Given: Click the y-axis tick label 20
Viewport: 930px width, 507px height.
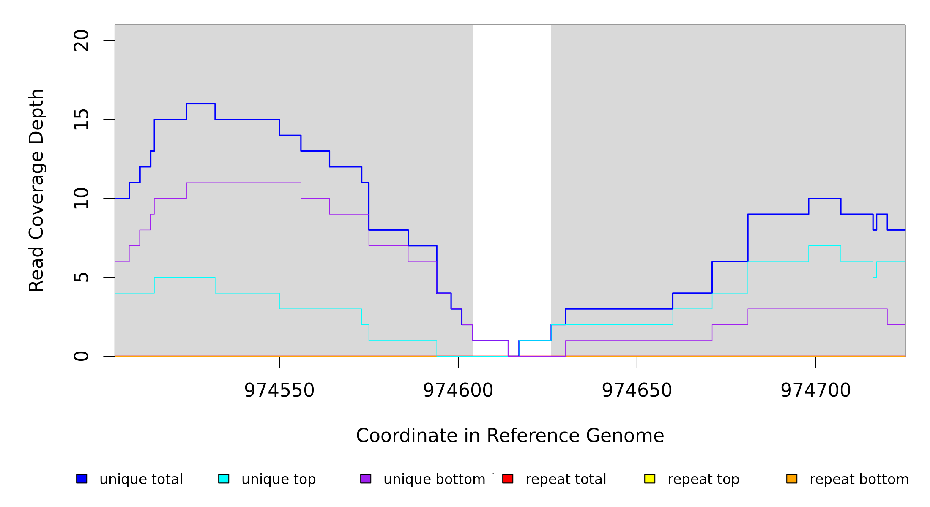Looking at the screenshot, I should click(82, 41).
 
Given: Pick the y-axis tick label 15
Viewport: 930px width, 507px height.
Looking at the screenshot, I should click(82, 120).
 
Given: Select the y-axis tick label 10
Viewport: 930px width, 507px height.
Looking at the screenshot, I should click(82, 199).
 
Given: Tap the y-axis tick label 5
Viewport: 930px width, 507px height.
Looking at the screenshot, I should click(82, 277).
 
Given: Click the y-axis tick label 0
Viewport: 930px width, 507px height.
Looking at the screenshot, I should click(82, 356).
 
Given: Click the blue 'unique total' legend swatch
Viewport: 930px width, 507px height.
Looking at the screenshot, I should click(82, 479).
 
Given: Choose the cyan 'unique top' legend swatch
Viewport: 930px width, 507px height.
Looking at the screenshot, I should click(224, 479).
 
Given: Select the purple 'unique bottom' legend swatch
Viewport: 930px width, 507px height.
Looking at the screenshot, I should click(366, 479).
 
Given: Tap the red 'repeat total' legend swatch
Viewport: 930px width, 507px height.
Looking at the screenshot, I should click(508, 479).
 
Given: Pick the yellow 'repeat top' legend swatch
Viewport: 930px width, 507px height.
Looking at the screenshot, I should click(650, 479).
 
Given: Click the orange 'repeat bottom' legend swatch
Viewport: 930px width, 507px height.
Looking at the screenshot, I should click(792, 479).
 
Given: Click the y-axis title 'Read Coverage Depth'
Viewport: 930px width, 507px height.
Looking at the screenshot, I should click(36, 190).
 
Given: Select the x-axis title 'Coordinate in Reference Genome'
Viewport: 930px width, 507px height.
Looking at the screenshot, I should click(510, 436).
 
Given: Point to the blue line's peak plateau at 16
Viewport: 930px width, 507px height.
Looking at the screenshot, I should click(201, 104).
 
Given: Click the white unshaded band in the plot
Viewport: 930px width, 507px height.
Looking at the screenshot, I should click(511, 169).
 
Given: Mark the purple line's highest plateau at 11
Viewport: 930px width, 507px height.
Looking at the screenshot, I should click(243, 183).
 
